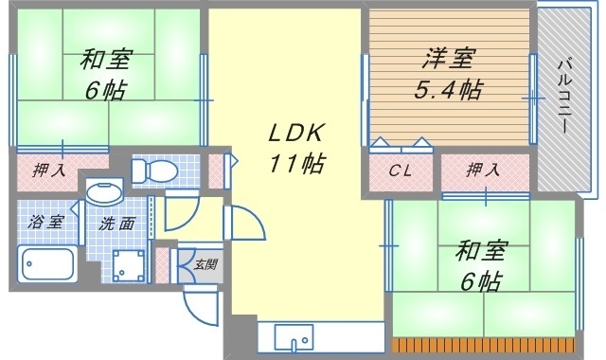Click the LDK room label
pos(295,134)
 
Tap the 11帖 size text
pos(296,163)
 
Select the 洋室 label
pos(449,59)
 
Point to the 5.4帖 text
pos(448,89)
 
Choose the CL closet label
pos(400,171)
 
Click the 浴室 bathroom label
pos(45,222)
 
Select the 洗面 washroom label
pos(116,224)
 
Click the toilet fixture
pos(154,171)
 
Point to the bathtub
pos(47,264)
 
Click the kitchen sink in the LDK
pos(294,337)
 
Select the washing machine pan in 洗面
pos(128,265)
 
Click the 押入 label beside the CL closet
pos(483,170)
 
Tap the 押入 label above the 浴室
pos(48,171)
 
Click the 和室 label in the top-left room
pos(107,59)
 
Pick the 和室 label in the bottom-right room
pos(480,250)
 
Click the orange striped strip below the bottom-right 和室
pos(483,345)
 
